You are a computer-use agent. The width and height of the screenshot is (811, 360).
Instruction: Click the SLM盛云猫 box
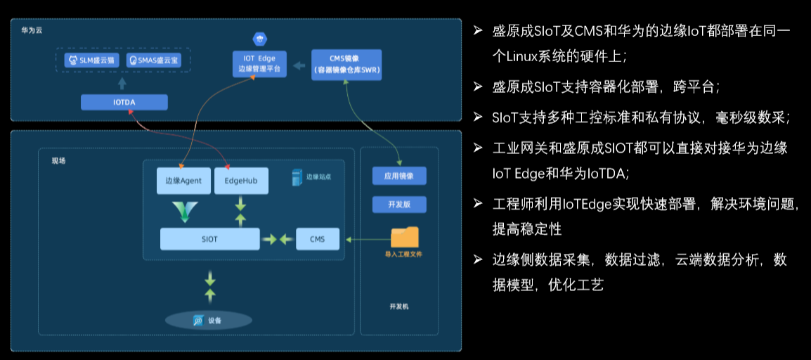91,60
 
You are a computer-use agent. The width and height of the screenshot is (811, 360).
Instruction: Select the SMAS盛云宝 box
154,60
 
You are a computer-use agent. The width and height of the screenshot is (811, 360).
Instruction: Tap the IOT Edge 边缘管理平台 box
259,63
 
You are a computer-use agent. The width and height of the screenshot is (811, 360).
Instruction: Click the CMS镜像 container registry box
347,65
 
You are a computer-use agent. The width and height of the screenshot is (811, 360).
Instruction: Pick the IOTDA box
124,103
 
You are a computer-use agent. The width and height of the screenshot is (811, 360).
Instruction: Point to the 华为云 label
32,30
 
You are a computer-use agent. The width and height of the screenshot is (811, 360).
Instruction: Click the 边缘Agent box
183,181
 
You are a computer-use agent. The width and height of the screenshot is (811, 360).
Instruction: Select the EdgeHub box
242,181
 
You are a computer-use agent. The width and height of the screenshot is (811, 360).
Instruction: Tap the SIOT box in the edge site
210,239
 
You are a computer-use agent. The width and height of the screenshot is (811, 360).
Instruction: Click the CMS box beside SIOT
318,239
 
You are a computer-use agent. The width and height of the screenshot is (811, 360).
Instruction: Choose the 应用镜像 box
399,176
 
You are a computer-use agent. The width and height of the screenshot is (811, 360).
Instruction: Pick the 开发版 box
399,205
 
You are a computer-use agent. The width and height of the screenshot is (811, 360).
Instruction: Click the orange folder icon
405,237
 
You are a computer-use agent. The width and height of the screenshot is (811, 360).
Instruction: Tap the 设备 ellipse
209,321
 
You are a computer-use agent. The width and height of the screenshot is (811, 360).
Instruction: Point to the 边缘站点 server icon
297,177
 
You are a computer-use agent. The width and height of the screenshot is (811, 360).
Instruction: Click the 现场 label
58,161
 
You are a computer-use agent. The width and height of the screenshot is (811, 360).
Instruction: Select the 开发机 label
398,306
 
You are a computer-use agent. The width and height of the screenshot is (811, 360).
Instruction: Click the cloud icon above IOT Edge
259,39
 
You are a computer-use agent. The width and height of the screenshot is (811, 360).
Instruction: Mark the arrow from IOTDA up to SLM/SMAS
122,84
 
